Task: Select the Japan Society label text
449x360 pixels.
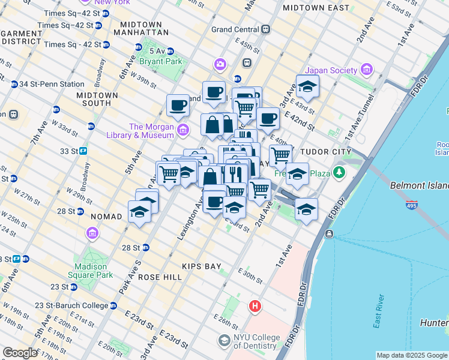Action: (x=331, y=70)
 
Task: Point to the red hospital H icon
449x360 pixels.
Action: (x=255, y=307)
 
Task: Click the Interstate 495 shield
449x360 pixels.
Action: (x=412, y=205)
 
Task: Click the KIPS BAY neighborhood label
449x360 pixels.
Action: (x=202, y=265)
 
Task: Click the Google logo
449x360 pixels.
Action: (x=20, y=353)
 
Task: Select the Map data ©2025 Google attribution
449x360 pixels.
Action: (x=411, y=355)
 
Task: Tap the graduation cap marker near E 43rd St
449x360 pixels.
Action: (x=307, y=88)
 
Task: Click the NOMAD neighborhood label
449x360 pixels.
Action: (x=106, y=215)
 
